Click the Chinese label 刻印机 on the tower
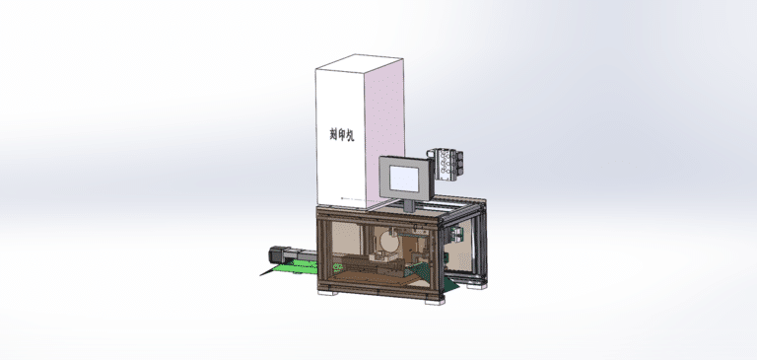point(341,135)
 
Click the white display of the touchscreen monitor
point(405,178)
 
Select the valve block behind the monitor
point(446,164)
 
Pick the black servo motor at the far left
point(273,252)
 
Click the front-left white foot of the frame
point(325,292)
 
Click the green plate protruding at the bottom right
point(448,286)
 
